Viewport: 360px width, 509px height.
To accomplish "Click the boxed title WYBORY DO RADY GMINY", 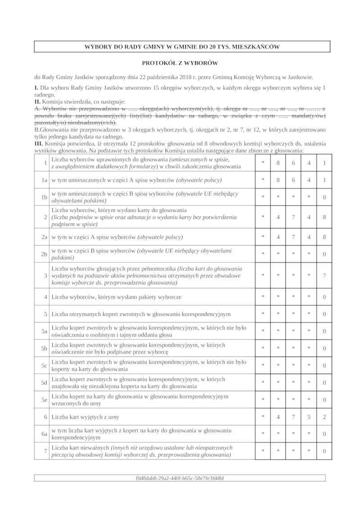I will [x=182, y=47].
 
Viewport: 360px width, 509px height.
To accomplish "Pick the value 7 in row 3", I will [x=324, y=276].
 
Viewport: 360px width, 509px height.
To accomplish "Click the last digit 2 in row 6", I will [x=324, y=417].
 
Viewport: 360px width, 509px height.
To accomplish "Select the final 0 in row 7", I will [x=324, y=451].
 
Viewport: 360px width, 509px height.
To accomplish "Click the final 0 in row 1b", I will [x=324, y=197].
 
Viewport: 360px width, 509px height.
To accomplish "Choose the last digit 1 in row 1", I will [x=324, y=163].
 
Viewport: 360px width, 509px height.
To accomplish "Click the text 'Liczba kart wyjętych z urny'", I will [x=85, y=417].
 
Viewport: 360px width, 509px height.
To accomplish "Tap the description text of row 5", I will [x=141, y=314].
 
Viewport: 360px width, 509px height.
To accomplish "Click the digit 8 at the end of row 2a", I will [x=324, y=237].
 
